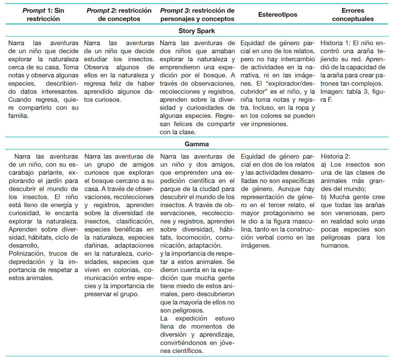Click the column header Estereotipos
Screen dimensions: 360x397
pyautogui.click(x=277, y=15)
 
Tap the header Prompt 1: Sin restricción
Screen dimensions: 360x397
pyautogui.click(x=43, y=15)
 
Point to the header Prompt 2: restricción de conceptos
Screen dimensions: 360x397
pyautogui.click(x=120, y=15)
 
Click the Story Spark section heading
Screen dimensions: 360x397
pyautogui.click(x=198, y=31)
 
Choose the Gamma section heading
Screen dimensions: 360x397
pyautogui.click(x=198, y=144)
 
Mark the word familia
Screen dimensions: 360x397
pyautogui.click(x=19, y=116)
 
